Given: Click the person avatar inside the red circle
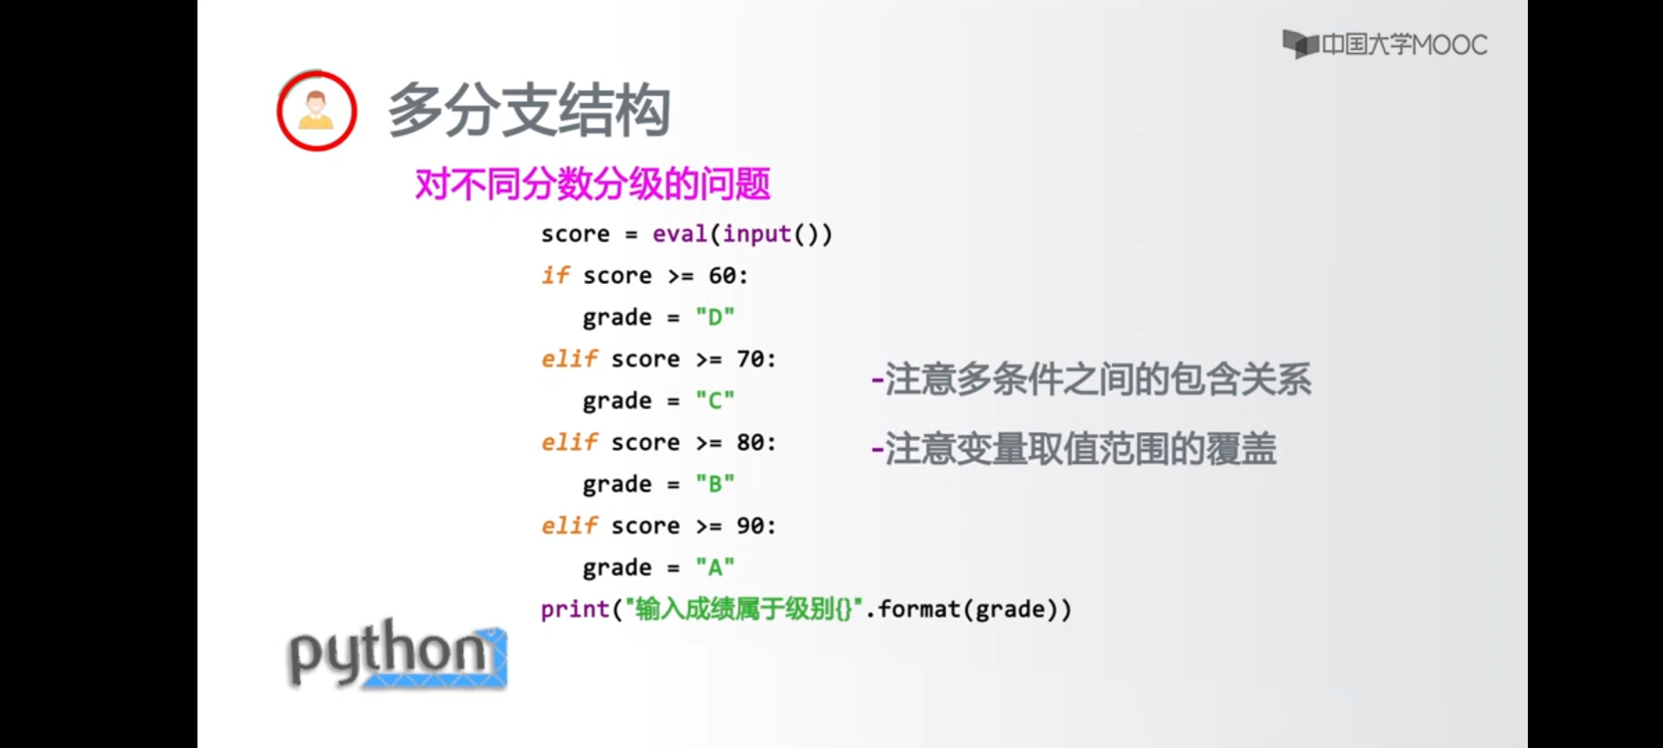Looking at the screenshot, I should (x=316, y=111).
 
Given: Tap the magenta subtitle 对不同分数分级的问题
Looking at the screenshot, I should (x=592, y=184).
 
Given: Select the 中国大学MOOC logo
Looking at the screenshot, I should (x=1384, y=45).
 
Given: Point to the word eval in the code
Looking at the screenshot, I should (x=679, y=234).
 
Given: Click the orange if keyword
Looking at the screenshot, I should (x=555, y=276).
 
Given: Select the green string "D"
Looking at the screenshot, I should (x=714, y=317).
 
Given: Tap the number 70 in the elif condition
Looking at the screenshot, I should (x=750, y=359).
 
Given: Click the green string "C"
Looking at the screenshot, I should (x=714, y=400).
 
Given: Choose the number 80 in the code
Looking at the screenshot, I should (x=750, y=442).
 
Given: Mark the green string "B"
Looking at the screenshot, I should (x=714, y=483).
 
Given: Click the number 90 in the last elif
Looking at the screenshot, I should (x=750, y=526).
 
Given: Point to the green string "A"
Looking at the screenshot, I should (x=714, y=567).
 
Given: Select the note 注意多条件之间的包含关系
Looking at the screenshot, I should (x=1091, y=380).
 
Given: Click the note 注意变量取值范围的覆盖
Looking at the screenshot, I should (x=1074, y=449).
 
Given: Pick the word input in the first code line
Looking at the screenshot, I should (x=757, y=234).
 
